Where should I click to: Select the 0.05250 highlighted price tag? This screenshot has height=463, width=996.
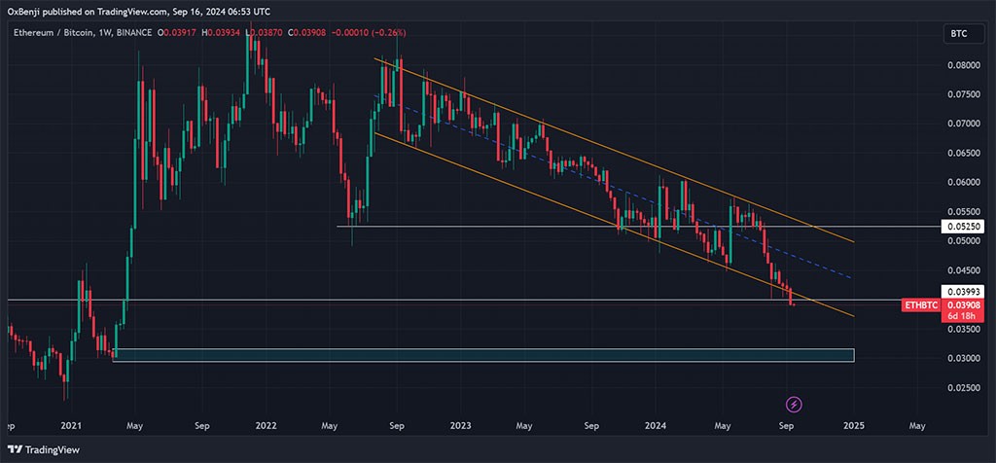coord(962,227)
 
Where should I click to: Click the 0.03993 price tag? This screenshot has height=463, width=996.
coord(962,292)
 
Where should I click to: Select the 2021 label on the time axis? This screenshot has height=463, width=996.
coord(71,425)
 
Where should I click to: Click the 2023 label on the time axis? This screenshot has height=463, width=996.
coord(460,425)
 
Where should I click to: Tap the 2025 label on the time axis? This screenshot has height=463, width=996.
coord(854,425)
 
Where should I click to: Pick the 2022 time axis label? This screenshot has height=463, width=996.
coord(265,425)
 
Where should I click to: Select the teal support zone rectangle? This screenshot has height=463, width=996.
coord(483,355)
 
